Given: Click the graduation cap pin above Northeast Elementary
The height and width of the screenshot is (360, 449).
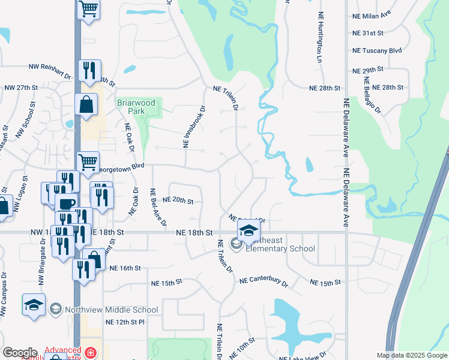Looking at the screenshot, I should click(248, 230).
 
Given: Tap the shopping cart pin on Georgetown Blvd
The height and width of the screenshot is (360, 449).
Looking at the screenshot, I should click(88, 161).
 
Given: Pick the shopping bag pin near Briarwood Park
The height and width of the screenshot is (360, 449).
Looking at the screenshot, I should click(86, 104).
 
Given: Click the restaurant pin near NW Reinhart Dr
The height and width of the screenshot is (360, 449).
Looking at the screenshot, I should click(89, 70).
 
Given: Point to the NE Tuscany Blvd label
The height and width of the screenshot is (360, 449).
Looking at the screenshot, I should click(377, 51).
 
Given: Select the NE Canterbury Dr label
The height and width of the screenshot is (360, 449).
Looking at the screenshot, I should click(264, 281).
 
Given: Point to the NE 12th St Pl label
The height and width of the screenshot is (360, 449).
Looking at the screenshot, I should click(125, 322).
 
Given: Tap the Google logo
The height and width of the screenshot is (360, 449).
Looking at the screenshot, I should click(20, 352).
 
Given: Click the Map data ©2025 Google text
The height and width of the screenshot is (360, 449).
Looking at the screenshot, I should click(411, 355).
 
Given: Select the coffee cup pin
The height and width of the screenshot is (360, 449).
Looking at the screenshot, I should click(66, 203).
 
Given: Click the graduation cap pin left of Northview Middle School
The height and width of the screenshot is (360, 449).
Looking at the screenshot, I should click(34, 304).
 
